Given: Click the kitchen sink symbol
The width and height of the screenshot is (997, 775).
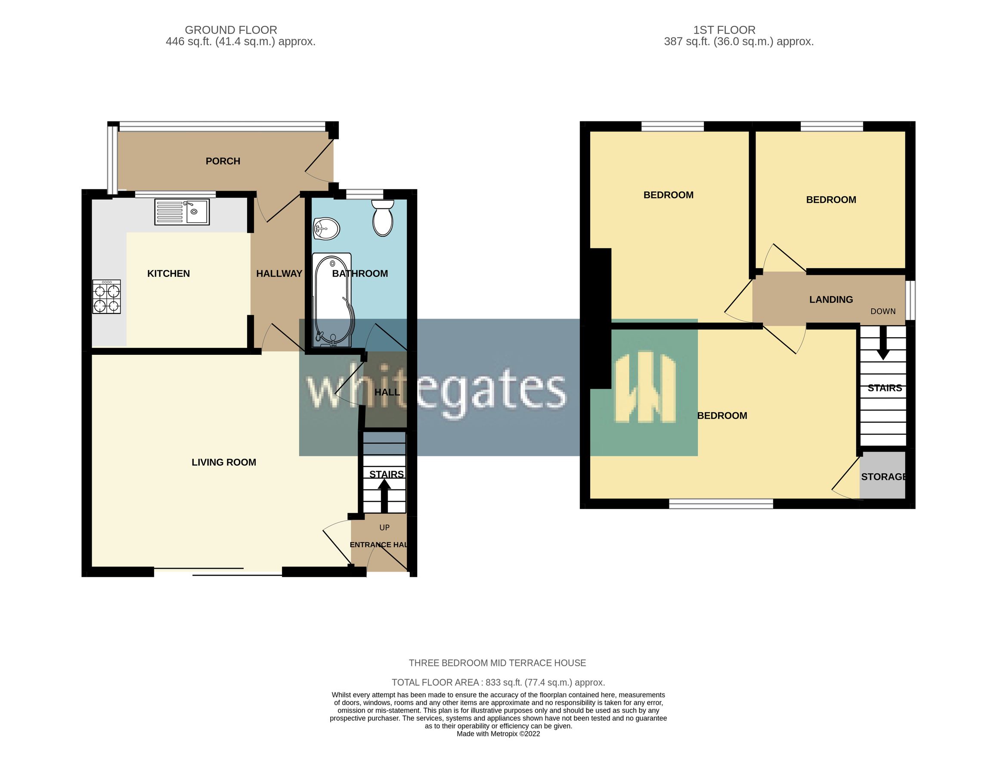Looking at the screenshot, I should pyautogui.click(x=182, y=212).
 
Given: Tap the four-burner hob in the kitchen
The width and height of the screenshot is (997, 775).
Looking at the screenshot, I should pyautogui.click(x=106, y=297).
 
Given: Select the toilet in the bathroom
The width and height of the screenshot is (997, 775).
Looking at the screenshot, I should pyautogui.click(x=383, y=219).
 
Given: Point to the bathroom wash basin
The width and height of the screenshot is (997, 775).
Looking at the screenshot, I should pyautogui.click(x=326, y=228).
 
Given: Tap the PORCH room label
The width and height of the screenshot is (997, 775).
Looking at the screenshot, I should pyautogui.click(x=223, y=161).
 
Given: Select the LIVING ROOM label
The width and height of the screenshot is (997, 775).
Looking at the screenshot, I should pyautogui.click(x=224, y=462).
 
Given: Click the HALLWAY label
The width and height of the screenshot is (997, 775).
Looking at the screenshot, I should pyautogui.click(x=279, y=273).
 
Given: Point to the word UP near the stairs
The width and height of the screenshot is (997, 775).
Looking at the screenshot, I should pyautogui.click(x=384, y=527).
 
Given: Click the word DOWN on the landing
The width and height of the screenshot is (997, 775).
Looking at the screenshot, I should pyautogui.click(x=883, y=311).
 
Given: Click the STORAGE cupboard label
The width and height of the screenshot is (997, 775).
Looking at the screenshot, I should pyautogui.click(x=883, y=477).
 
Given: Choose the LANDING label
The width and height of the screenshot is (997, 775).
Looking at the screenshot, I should pyautogui.click(x=831, y=300).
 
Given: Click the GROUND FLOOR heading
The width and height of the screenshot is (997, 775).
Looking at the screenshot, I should pyautogui.click(x=231, y=30).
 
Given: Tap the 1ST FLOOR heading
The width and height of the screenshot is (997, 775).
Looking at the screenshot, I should pyautogui.click(x=724, y=30).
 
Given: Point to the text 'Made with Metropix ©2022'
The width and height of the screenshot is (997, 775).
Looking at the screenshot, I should pyautogui.click(x=498, y=734).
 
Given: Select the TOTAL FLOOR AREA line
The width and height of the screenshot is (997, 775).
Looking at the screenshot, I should pyautogui.click(x=498, y=682).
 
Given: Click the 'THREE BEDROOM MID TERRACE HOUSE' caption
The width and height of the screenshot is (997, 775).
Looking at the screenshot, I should pyautogui.click(x=497, y=663).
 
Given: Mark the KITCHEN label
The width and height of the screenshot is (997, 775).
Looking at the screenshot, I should pyautogui.click(x=168, y=273).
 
